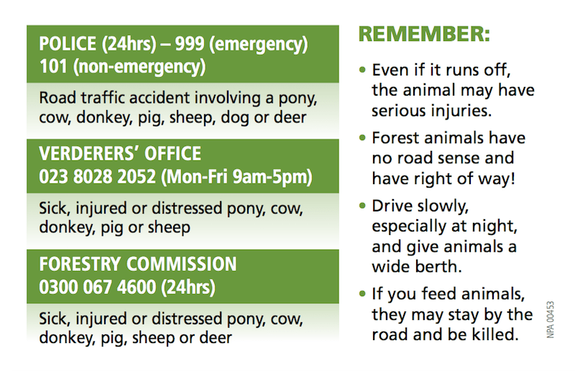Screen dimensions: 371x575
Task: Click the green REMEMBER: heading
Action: pos(424,34)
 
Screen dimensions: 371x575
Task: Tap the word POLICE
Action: pos(69,45)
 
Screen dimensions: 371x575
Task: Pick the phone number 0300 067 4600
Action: pos(98,287)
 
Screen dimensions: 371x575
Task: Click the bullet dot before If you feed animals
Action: pos(362,294)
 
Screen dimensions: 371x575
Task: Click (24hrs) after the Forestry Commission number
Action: pos(188,287)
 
